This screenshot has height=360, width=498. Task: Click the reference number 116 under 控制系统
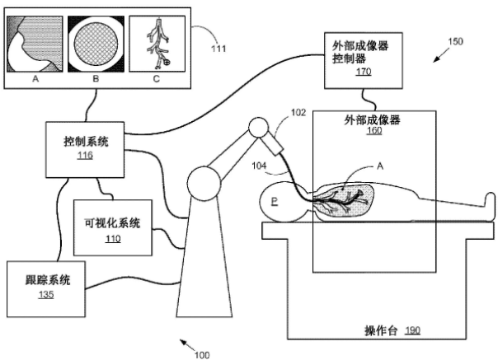click(x=85, y=155)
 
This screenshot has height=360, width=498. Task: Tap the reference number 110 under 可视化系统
click(x=113, y=239)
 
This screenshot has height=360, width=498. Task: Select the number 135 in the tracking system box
click(x=46, y=295)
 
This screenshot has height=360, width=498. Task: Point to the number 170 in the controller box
click(x=364, y=72)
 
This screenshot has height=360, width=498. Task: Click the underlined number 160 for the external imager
click(x=374, y=130)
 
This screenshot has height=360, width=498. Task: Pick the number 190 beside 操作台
click(x=412, y=331)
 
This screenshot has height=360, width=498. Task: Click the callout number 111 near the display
click(x=218, y=49)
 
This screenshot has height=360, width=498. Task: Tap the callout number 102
click(x=298, y=112)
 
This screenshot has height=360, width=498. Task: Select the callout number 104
click(x=259, y=166)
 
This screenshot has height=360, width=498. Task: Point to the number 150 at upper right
click(x=455, y=41)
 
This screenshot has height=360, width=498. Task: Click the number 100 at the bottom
click(x=202, y=355)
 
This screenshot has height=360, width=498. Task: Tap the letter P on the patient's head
click(x=275, y=201)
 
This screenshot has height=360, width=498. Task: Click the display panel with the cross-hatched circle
click(x=96, y=44)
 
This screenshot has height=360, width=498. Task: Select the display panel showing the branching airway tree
click(x=157, y=44)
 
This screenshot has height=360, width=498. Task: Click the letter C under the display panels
click(x=157, y=79)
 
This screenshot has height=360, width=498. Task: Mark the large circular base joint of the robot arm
click(x=204, y=184)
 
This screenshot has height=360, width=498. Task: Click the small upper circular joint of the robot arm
click(x=258, y=128)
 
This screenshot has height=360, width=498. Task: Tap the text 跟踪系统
click(x=48, y=281)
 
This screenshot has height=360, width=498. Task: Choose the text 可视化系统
click(x=112, y=223)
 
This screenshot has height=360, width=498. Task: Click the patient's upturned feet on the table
click(x=490, y=206)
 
